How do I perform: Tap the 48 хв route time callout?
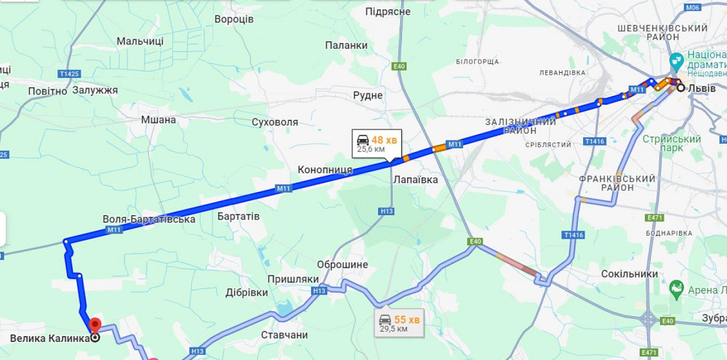click(376, 143)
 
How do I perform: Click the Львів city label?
click(702, 88)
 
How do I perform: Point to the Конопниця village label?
click(325, 169)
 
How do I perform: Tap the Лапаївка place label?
click(415, 179)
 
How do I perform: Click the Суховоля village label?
click(275, 122)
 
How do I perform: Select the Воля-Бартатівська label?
click(149, 219)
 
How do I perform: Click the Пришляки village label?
click(293, 279)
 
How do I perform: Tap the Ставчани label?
click(284, 335)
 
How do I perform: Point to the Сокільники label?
click(630, 274)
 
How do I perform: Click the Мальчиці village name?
click(140, 41)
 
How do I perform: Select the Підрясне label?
click(388, 12)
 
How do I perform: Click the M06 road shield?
click(692, 7)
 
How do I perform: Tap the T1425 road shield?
click(70, 73)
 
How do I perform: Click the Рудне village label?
click(368, 95)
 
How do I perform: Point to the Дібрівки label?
click(246, 292)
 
